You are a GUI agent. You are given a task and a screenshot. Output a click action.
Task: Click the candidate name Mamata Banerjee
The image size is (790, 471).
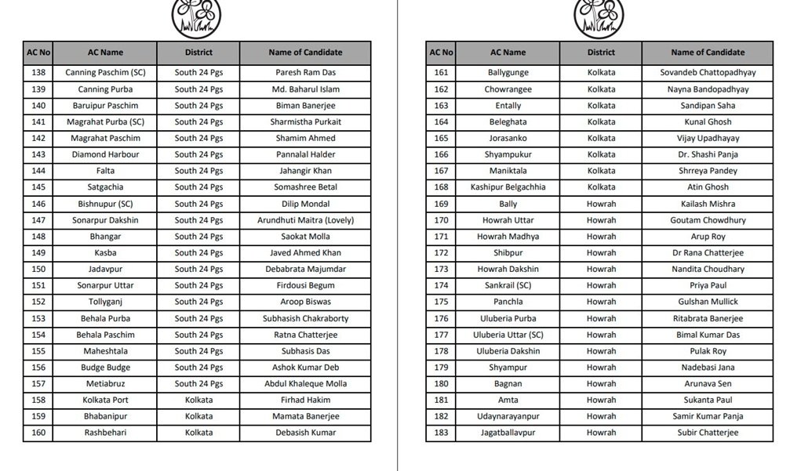[305, 416]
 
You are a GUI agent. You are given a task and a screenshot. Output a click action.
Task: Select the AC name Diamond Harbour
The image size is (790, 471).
[105, 154]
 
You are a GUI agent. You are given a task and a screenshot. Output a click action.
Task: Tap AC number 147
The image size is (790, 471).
[38, 220]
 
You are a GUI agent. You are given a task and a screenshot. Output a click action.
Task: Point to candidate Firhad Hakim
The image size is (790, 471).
[305, 400]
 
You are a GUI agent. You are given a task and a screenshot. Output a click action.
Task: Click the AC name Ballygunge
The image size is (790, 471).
[508, 72]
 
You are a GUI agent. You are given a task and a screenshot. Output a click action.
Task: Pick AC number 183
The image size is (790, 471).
[441, 433]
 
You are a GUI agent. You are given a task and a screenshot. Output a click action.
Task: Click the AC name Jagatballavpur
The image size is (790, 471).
[508, 433]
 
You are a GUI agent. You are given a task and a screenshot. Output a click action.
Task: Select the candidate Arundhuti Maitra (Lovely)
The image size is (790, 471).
[305, 220]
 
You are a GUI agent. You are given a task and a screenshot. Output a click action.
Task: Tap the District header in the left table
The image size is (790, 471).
[198, 53]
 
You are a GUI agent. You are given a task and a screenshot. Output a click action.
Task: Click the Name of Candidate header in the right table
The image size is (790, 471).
[708, 53]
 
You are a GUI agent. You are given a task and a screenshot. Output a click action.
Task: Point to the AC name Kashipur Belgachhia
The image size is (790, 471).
[508, 187]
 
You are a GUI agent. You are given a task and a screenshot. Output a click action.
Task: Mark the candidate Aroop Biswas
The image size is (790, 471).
[305, 302]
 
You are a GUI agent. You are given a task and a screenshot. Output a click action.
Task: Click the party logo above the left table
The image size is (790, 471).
[196, 17]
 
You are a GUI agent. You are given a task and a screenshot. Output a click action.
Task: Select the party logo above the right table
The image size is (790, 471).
[599, 17]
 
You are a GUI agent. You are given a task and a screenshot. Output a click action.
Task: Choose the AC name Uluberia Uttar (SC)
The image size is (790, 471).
[508, 335]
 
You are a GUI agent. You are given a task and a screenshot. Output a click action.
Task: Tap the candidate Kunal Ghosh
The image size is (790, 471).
[708, 121]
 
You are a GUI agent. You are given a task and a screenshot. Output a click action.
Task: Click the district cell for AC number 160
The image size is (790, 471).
[198, 433]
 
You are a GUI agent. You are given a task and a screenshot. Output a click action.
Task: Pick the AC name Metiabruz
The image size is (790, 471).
[105, 384]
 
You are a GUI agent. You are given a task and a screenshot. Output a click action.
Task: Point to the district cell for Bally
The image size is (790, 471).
[601, 204]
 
